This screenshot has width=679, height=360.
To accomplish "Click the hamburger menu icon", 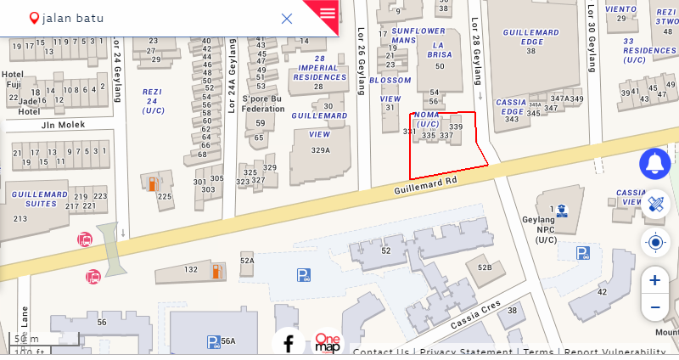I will [328, 13].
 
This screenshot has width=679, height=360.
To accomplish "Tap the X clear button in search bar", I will [287, 19].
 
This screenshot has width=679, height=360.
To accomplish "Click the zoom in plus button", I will [654, 280].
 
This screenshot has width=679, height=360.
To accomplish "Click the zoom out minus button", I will [654, 307].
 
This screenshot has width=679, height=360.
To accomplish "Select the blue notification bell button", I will [654, 163].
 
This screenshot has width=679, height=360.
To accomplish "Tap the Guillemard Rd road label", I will [425, 185].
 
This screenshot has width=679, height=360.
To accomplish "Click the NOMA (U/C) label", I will [427, 119].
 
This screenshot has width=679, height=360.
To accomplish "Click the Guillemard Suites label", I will [40, 199].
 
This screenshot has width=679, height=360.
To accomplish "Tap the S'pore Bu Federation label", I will [263, 104].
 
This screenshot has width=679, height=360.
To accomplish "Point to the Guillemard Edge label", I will [530, 37].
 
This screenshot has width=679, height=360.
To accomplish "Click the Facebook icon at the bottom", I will [289, 343].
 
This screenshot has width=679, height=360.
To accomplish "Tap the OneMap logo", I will [328, 343].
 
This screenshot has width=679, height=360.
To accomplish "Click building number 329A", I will [320, 150].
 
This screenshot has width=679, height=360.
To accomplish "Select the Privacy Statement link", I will [466, 352].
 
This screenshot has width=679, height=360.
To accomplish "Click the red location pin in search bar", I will [34, 18].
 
